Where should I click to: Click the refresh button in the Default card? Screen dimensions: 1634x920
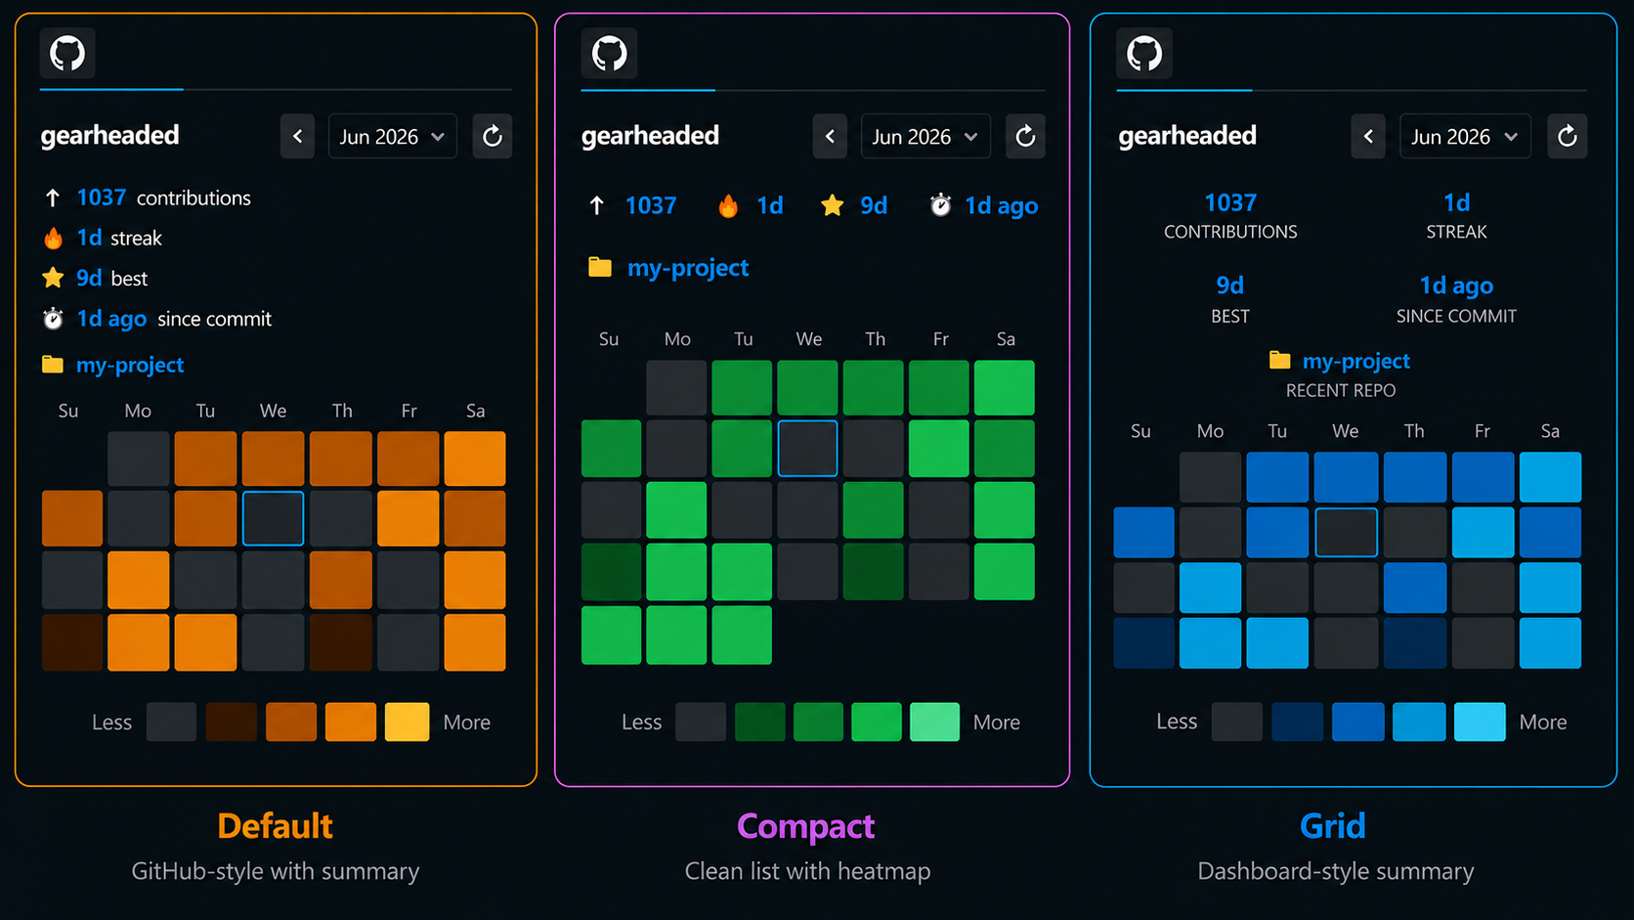(x=493, y=136)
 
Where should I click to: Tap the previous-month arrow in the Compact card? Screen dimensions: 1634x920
(x=830, y=136)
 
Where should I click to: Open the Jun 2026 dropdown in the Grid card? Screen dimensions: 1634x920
(x=1465, y=136)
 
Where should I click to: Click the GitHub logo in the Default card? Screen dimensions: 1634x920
(x=67, y=53)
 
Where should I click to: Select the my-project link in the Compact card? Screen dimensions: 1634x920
(x=688, y=268)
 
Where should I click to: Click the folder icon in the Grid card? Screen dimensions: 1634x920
(x=1279, y=360)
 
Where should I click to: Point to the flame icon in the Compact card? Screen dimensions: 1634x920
(x=728, y=205)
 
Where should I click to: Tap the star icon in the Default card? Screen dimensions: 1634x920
(x=53, y=278)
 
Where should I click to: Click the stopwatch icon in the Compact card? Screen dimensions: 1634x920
(x=940, y=205)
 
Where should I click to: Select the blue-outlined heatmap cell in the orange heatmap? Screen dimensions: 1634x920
(x=273, y=519)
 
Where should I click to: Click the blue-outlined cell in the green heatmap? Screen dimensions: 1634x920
(x=807, y=449)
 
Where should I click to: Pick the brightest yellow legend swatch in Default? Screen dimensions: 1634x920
(x=408, y=722)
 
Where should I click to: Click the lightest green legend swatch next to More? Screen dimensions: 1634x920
(x=934, y=722)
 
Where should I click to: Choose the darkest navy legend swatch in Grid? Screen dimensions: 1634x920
(x=1297, y=722)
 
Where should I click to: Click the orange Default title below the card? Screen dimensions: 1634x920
(x=275, y=826)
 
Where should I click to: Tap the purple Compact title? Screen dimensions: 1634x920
(x=806, y=826)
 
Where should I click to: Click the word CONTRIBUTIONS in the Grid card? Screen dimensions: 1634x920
(x=1230, y=232)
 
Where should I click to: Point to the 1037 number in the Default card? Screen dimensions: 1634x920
(x=102, y=197)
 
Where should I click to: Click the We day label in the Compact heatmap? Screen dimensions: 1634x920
(x=808, y=339)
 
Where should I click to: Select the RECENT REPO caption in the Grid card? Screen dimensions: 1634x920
(x=1341, y=390)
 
